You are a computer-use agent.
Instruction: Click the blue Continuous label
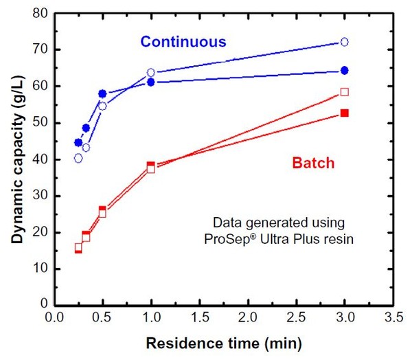[183, 42]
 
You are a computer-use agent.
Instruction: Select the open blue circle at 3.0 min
[345, 42]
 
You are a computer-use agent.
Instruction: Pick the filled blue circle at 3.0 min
[345, 71]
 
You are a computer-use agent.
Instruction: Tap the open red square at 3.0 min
[345, 92]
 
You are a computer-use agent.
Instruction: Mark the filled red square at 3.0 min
[345, 113]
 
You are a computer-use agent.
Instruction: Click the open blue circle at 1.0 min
[151, 73]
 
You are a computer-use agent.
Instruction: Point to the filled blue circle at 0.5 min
[102, 93]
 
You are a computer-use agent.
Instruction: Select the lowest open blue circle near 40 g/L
[78, 158]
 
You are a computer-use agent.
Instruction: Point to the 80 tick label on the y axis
[40, 13]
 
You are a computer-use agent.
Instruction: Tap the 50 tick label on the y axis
[40, 122]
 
